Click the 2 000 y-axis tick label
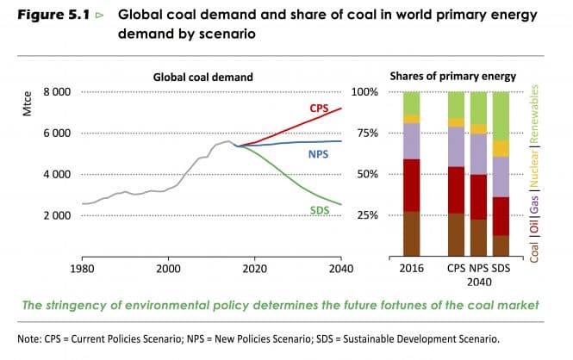click(57, 215)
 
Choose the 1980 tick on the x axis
click(83, 267)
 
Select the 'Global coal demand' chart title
click(203, 77)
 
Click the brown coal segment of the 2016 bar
click(412, 233)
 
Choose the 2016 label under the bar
click(413, 267)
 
